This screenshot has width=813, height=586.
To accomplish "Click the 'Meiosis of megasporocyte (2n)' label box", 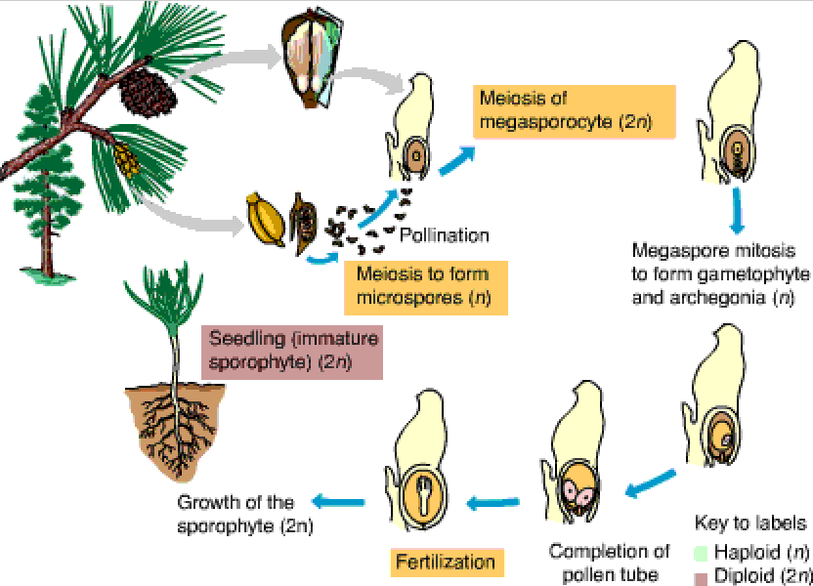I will click(x=561, y=110).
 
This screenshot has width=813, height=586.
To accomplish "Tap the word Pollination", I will click(x=444, y=235).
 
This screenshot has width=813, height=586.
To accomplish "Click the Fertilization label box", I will click(x=445, y=562).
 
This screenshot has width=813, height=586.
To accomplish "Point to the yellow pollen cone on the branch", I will click(x=125, y=160).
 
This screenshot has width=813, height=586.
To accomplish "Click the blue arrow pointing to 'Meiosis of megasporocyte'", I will click(x=456, y=160).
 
